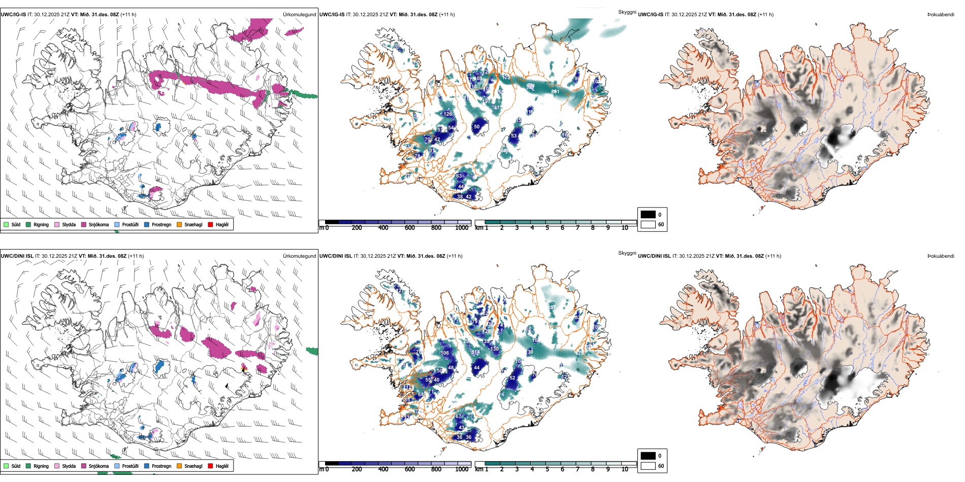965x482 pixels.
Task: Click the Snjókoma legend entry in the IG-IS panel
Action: (x=99, y=225)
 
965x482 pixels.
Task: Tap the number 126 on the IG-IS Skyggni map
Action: (x=447, y=114)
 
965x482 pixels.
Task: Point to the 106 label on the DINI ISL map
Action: (x=444, y=353)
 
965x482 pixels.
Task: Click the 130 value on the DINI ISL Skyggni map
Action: (x=494, y=349)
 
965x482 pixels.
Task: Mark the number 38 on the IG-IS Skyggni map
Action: (x=460, y=197)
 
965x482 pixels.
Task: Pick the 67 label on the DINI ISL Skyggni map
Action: (x=459, y=417)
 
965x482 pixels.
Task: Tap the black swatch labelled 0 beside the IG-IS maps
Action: (x=648, y=215)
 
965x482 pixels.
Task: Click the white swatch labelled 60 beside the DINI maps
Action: (x=648, y=466)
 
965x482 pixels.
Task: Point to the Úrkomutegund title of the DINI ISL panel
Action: (x=299, y=256)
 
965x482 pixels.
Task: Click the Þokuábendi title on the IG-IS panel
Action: (x=941, y=15)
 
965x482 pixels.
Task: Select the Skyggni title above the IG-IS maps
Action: (x=627, y=12)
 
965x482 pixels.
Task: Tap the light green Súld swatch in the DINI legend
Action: (x=6, y=466)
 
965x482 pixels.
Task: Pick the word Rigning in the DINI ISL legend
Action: (x=41, y=466)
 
